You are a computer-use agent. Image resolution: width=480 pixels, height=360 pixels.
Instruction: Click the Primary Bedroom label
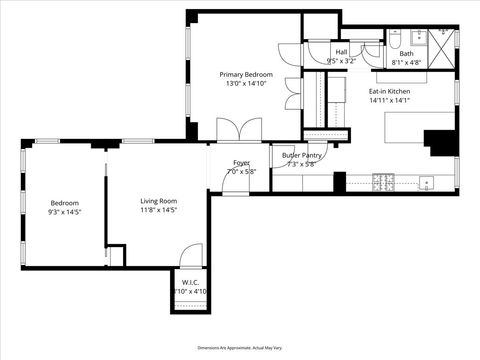click(x=246, y=75)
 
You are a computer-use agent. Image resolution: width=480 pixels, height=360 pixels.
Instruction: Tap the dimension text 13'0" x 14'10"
click(x=246, y=85)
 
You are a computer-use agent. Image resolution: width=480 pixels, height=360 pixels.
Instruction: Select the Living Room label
click(x=158, y=201)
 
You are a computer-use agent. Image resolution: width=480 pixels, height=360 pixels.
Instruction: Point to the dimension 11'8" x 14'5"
click(x=158, y=211)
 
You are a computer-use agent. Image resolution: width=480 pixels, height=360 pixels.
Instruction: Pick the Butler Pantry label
click(x=301, y=155)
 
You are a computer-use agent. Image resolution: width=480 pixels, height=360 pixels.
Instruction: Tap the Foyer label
click(x=242, y=162)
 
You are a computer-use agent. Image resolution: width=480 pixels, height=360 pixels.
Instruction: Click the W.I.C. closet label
click(x=189, y=282)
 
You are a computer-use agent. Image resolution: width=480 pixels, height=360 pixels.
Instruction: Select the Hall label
click(x=341, y=52)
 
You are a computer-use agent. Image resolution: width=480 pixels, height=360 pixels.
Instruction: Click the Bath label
click(x=406, y=53)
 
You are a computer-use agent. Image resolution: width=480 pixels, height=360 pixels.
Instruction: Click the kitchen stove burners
click(x=382, y=182)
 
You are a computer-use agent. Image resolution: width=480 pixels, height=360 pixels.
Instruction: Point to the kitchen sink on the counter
click(x=426, y=183)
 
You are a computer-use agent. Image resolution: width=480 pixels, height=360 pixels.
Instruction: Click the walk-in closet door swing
click(x=190, y=258)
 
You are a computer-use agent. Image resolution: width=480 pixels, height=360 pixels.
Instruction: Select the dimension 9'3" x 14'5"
click(x=64, y=211)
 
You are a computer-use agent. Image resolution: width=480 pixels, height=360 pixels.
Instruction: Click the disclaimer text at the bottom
click(x=240, y=347)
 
